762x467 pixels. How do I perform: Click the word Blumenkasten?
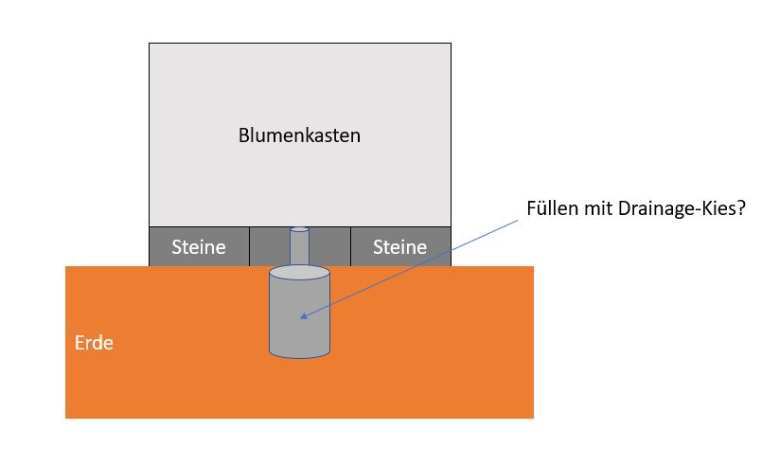(x=299, y=135)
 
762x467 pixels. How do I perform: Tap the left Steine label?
(x=199, y=248)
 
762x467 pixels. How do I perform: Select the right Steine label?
(x=400, y=248)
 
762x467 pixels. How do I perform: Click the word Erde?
(x=94, y=343)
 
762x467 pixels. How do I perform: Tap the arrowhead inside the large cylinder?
(x=302, y=317)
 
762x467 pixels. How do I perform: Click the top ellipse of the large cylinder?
(x=299, y=274)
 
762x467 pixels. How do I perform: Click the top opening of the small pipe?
(x=299, y=229)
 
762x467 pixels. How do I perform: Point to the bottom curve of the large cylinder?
(x=299, y=356)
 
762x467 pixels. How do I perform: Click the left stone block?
(x=199, y=246)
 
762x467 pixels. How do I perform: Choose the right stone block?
(x=400, y=246)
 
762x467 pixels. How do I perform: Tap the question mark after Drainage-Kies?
(x=740, y=210)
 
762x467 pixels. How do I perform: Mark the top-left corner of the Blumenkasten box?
(x=150, y=44)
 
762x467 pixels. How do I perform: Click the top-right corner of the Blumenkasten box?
(x=451, y=44)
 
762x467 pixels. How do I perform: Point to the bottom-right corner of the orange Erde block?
(x=533, y=418)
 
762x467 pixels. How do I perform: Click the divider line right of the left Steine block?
(x=249, y=246)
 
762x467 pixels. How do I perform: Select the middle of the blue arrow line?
(x=409, y=269)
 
